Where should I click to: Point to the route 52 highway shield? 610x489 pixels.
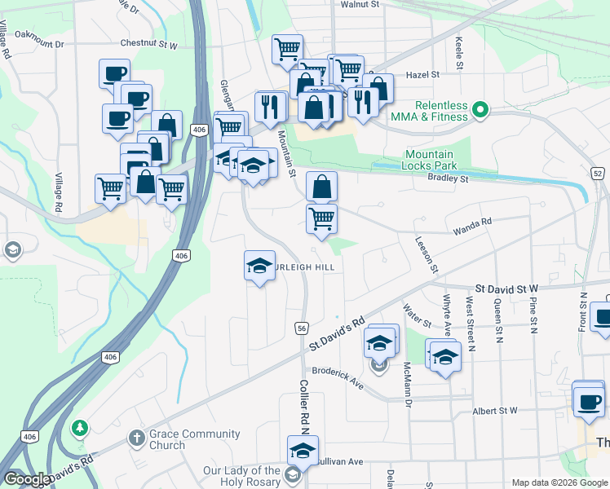(x=598, y=174)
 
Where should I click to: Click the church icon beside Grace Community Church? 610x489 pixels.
(x=137, y=438)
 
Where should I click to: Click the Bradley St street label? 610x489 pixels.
(x=449, y=178)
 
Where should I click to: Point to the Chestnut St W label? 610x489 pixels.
(x=148, y=43)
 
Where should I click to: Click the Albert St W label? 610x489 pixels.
(x=495, y=411)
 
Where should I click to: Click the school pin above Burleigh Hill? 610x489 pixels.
(x=260, y=265)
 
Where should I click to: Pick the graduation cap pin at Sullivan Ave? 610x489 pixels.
(x=303, y=450)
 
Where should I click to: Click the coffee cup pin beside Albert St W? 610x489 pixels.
(x=588, y=399)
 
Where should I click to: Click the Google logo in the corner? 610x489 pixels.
(x=27, y=479)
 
